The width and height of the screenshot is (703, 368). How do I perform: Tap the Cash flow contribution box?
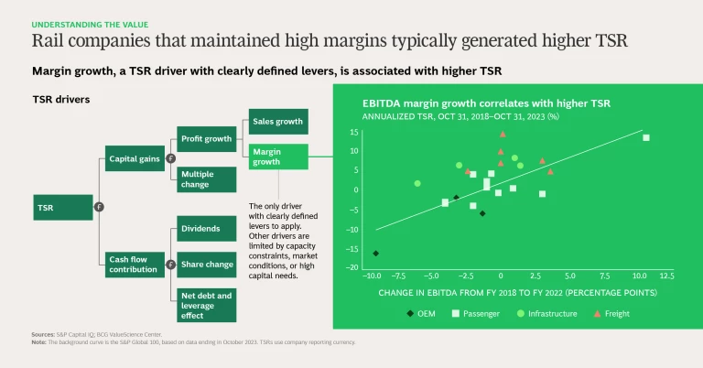(x=134, y=265)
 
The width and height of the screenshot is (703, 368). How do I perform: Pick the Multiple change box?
(x=207, y=179)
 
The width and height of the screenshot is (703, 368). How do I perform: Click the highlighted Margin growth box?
(x=277, y=157)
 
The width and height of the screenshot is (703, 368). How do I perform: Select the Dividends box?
(x=207, y=228)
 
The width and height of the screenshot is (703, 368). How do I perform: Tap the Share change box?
(x=207, y=264)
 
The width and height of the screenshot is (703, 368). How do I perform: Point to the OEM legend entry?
(x=423, y=314)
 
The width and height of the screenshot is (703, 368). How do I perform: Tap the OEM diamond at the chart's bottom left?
(x=375, y=254)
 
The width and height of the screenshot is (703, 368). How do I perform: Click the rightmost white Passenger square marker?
(x=645, y=137)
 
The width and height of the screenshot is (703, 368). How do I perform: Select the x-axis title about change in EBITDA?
(x=517, y=293)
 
